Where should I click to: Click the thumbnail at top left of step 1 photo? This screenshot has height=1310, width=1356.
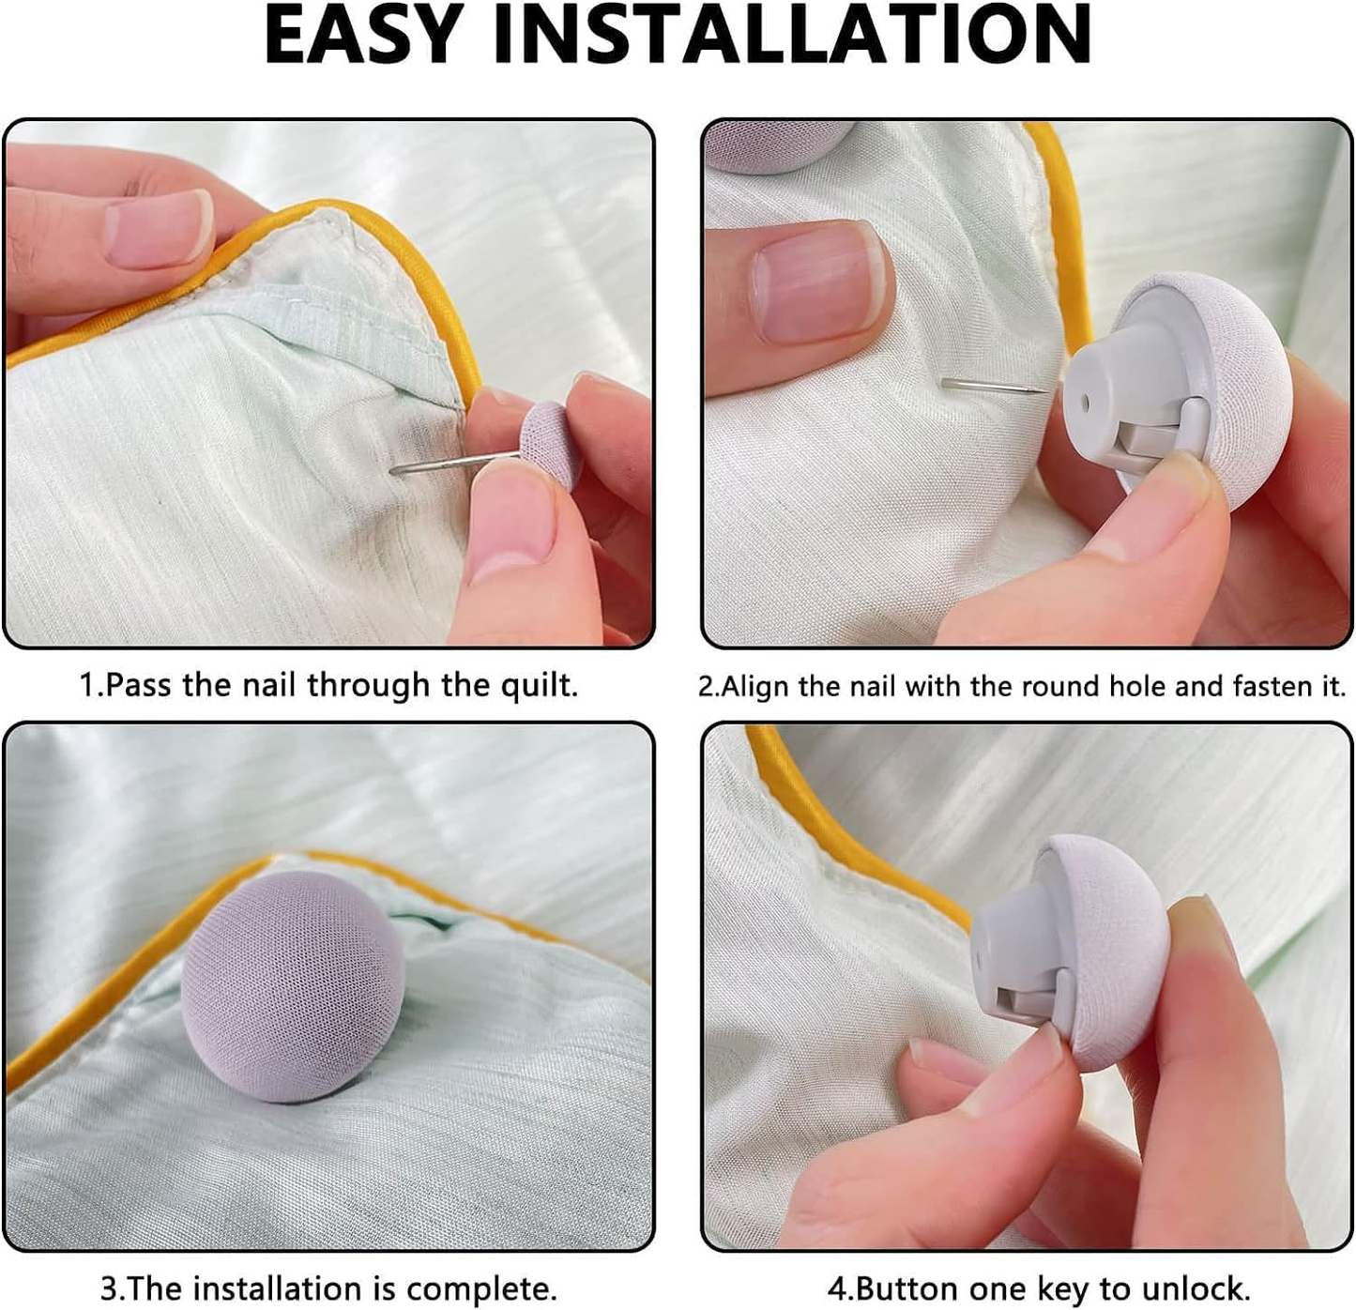158,228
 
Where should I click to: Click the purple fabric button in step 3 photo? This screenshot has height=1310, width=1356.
293,985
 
